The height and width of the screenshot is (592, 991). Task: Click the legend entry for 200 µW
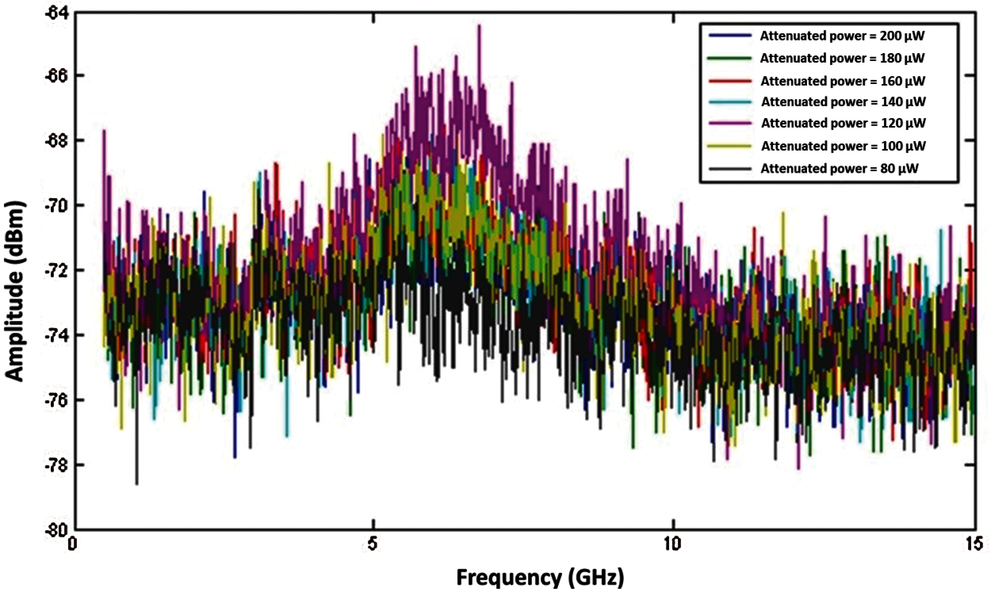(842, 36)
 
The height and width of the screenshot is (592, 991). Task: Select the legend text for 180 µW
(842, 58)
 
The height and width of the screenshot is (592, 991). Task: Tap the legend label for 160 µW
(843, 81)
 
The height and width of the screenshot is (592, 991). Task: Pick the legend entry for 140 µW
(844, 102)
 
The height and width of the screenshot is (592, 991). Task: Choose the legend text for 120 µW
(844, 123)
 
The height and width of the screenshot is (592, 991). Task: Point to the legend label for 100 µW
(844, 146)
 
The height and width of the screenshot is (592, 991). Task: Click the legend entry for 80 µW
(840, 169)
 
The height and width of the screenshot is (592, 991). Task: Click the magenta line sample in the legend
(730, 123)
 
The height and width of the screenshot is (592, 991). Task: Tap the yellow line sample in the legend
(730, 146)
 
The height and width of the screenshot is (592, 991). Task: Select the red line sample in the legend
(730, 81)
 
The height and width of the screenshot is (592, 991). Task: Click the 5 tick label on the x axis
(373, 544)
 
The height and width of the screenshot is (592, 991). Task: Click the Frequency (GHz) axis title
(540, 577)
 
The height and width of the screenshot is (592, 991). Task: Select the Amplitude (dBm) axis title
(15, 291)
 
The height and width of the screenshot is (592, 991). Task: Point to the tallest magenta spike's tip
(479, 25)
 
